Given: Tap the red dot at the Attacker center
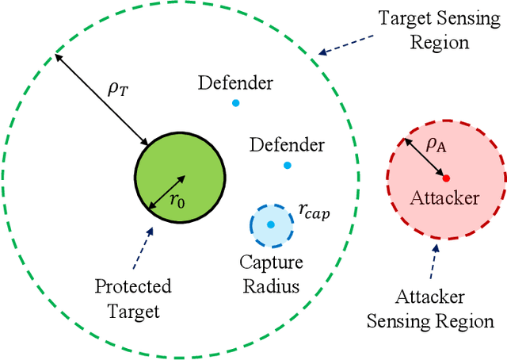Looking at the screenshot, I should coord(446,178).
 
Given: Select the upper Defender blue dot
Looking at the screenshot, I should coord(234,103).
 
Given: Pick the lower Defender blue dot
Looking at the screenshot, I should coord(287,165).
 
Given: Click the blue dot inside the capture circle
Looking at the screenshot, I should coord(271,224).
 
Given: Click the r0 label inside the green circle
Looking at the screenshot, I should coord(177,201).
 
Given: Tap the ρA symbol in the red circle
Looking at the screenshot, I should coord(436,144).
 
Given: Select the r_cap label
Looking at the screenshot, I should coord(313,210).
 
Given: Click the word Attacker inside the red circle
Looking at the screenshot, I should coord(444,198).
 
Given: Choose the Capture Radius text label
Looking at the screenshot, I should coord(270,273).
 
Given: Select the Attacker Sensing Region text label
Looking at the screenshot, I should coord(444,310).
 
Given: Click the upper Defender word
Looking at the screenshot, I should coord(235,83).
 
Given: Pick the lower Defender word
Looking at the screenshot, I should coord(287,145).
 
